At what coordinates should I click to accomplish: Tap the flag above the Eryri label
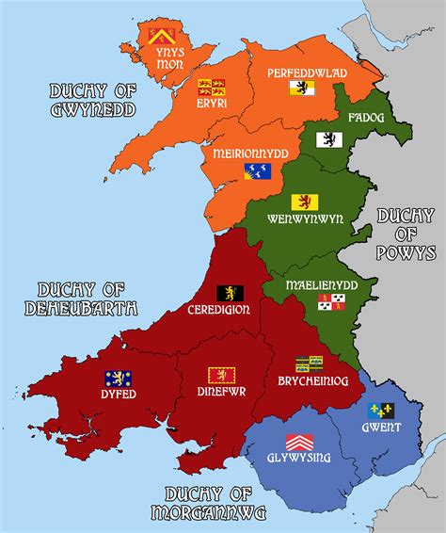coord(211,87)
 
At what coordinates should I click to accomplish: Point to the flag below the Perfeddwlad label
coord(300,89)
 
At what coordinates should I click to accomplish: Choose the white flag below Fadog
coord(327,139)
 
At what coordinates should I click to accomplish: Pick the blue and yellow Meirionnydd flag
coord(257,171)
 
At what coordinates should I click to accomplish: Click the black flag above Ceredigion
coord(230,293)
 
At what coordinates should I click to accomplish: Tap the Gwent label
coord(379,428)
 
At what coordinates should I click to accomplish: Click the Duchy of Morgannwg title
coord(215,502)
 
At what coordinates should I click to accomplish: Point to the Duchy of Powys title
coord(406,234)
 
